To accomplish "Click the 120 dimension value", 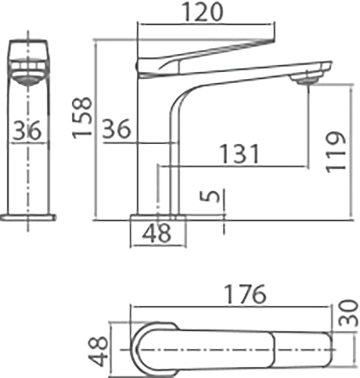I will tap(205, 12).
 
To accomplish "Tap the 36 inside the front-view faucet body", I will tap(28, 130).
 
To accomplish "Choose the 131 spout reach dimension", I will tap(239, 154).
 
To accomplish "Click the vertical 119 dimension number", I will tap(338, 151).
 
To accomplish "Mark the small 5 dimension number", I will tap(208, 197).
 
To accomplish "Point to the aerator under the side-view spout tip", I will tap(307, 77).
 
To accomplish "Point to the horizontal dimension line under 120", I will tap(206, 23).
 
